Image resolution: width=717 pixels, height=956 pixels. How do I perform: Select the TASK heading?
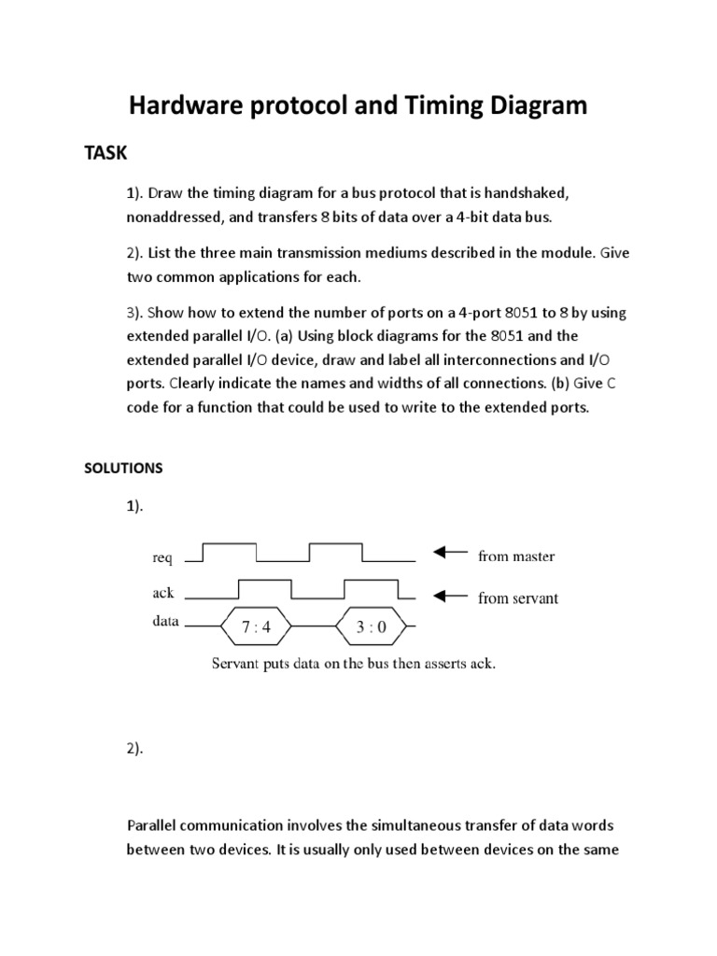point(105,153)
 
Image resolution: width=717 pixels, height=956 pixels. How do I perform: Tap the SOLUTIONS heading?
point(124,469)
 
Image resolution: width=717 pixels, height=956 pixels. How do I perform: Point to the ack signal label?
point(162,593)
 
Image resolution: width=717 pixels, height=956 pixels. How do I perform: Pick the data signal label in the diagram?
point(165,620)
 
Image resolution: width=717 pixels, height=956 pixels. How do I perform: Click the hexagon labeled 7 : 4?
point(255,627)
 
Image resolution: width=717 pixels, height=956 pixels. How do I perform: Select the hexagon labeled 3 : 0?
point(371,627)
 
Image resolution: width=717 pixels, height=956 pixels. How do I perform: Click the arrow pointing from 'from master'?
point(450,554)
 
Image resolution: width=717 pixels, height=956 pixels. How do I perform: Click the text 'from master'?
point(516,556)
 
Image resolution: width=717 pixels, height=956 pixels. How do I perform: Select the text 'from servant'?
point(518,598)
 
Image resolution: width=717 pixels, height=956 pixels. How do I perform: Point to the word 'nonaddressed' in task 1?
point(174,218)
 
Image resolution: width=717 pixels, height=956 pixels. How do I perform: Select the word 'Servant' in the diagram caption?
point(237,666)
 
